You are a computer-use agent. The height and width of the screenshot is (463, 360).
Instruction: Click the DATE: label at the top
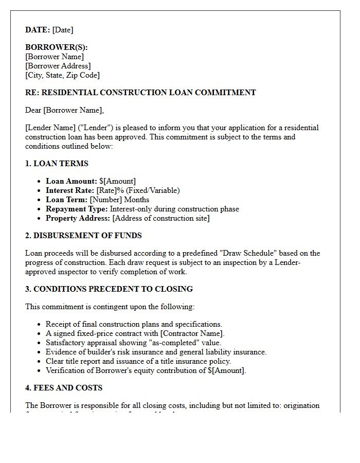[38, 30]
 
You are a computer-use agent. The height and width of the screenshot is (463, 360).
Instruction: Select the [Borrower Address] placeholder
[58, 66]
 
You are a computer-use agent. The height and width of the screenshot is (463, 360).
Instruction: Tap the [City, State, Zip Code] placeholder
[62, 75]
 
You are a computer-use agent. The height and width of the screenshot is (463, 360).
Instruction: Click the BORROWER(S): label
[56, 47]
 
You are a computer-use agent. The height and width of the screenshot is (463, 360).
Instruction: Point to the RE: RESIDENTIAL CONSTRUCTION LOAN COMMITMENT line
[140, 93]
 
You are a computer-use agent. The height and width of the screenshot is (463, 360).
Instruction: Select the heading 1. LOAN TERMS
[57, 164]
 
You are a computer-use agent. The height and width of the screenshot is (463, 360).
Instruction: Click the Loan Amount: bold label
[71, 181]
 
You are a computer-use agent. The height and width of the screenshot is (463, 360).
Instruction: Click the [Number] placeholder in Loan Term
[106, 200]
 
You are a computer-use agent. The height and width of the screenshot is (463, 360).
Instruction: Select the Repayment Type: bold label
[77, 209]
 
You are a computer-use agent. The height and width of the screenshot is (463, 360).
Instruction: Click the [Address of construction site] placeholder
[161, 218]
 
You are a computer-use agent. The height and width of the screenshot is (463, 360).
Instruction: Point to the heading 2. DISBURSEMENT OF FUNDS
[83, 236]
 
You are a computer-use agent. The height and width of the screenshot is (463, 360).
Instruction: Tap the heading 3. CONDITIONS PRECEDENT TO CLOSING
[109, 289]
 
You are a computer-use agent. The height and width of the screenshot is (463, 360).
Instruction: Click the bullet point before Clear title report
[40, 361]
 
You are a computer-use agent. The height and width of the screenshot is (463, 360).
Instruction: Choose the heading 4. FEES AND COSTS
[64, 388]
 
